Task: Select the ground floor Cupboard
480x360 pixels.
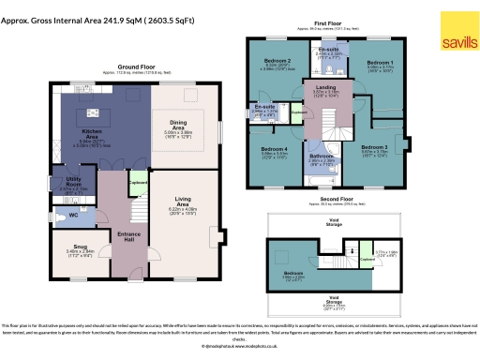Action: (x=137, y=183)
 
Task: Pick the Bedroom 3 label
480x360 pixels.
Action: (x=374, y=146)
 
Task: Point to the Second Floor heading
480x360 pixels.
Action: (x=334, y=200)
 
